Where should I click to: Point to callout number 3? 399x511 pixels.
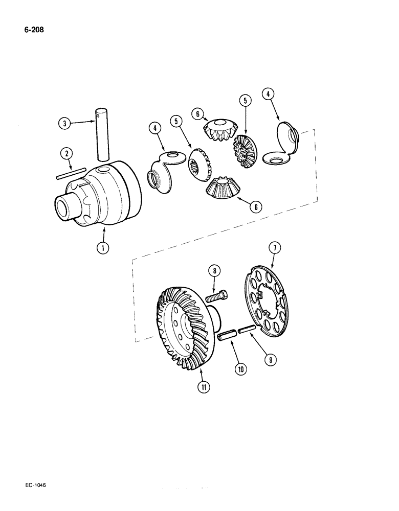pos(64,123)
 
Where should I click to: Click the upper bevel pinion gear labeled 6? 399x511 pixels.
pos(220,131)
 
